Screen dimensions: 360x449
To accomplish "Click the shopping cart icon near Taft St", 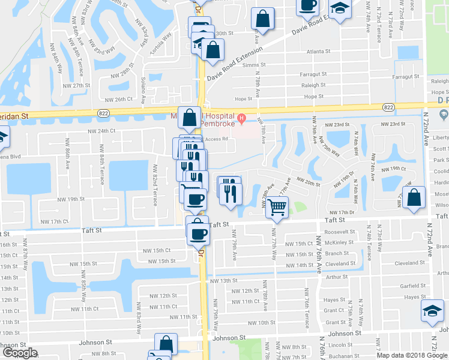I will click(x=277, y=208).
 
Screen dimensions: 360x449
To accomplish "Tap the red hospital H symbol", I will click(x=242, y=117).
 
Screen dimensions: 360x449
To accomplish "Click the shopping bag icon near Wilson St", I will click(x=414, y=197).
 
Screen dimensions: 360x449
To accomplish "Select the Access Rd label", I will click(x=217, y=139).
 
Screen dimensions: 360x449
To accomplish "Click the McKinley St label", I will click(x=340, y=242).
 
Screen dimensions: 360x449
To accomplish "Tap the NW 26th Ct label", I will click(x=118, y=99).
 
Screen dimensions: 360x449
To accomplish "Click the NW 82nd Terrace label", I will click(x=155, y=190).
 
